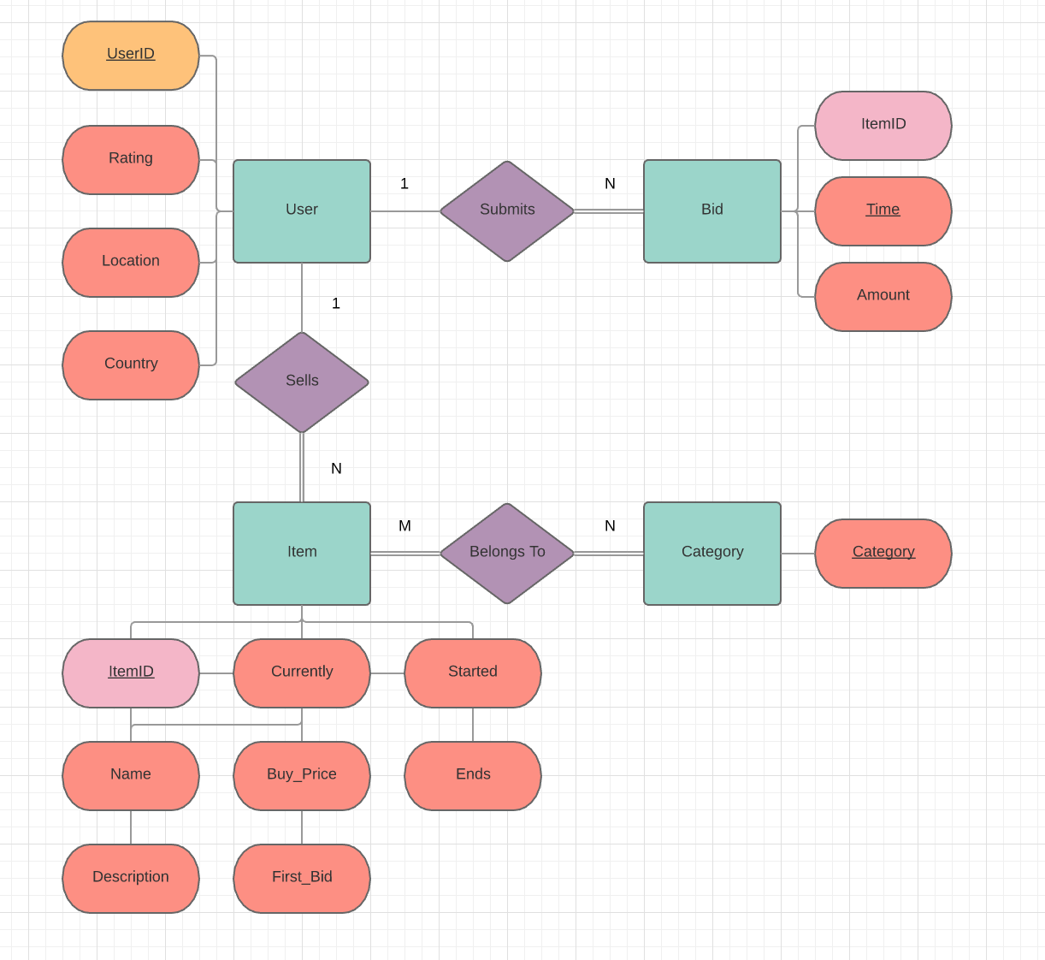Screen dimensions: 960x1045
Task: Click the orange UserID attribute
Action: [131, 56]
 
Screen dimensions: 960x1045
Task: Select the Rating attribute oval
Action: [131, 160]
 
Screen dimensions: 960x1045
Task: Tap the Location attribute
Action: [131, 263]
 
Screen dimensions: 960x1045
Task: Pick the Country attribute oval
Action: [131, 365]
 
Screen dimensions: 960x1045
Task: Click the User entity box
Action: [302, 211]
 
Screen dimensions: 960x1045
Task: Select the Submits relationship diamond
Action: [507, 211]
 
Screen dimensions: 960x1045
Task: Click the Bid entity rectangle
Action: [712, 211]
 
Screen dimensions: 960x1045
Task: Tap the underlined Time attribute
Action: [883, 211]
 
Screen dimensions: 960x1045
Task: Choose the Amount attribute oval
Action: [883, 297]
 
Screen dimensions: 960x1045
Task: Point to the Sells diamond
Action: [302, 382]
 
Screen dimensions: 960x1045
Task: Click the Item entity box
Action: [302, 554]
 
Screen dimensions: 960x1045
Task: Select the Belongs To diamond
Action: [507, 554]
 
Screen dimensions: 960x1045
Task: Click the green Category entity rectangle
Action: [712, 554]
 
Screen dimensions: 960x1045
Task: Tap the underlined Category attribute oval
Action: [883, 554]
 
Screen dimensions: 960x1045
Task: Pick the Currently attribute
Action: [302, 673]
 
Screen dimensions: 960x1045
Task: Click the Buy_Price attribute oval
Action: [302, 776]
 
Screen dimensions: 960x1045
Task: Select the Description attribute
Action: [131, 879]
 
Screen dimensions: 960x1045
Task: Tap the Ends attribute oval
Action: [473, 776]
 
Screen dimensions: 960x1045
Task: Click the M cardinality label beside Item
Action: [404, 526]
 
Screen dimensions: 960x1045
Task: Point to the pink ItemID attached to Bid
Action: [883, 126]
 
